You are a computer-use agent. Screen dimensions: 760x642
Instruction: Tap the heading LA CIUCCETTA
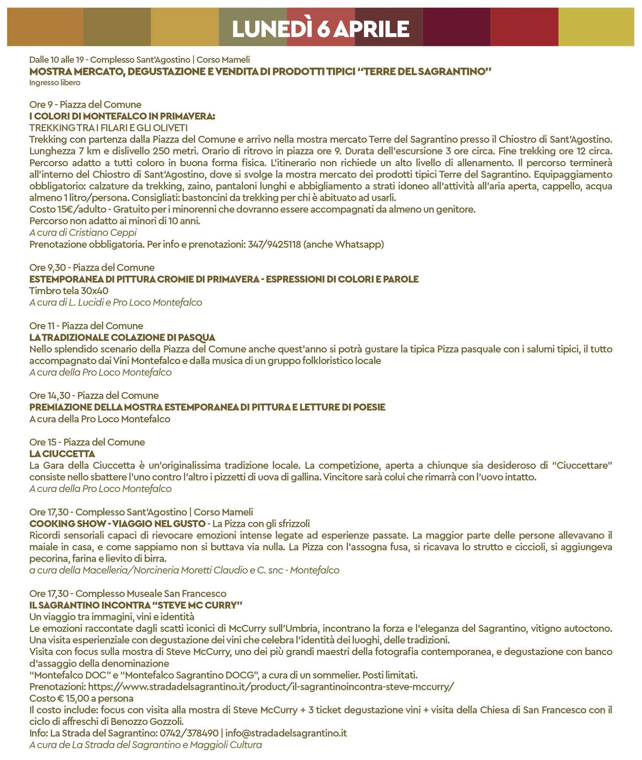point(62,453)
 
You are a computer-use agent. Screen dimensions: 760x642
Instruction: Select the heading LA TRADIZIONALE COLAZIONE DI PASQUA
point(122,337)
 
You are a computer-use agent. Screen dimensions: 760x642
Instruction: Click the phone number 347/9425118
point(274,244)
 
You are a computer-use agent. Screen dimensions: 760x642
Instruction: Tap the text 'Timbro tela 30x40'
point(69,291)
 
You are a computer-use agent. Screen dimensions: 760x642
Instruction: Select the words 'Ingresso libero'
point(55,82)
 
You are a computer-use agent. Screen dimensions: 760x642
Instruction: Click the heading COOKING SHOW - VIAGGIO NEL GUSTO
point(117,523)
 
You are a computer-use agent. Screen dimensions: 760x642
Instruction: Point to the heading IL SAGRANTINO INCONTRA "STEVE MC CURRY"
point(136,605)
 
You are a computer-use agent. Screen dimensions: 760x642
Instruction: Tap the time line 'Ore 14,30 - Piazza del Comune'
point(94,395)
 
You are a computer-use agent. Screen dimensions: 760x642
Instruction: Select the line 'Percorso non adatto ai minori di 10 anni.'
point(115,221)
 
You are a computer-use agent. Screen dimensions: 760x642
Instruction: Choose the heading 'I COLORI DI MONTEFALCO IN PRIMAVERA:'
point(122,116)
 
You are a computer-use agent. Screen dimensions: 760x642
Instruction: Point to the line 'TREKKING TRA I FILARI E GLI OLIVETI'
point(108,128)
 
